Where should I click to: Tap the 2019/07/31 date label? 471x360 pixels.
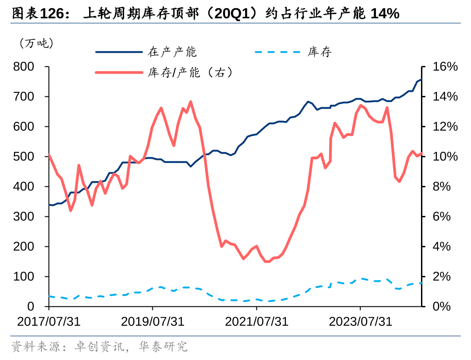point(152,321)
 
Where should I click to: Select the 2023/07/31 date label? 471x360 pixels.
point(360,321)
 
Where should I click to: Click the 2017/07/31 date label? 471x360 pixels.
point(49,321)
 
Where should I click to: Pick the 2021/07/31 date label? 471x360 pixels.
point(256,321)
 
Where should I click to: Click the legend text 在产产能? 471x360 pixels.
point(172,52)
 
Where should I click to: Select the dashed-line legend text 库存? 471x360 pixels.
point(320,52)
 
